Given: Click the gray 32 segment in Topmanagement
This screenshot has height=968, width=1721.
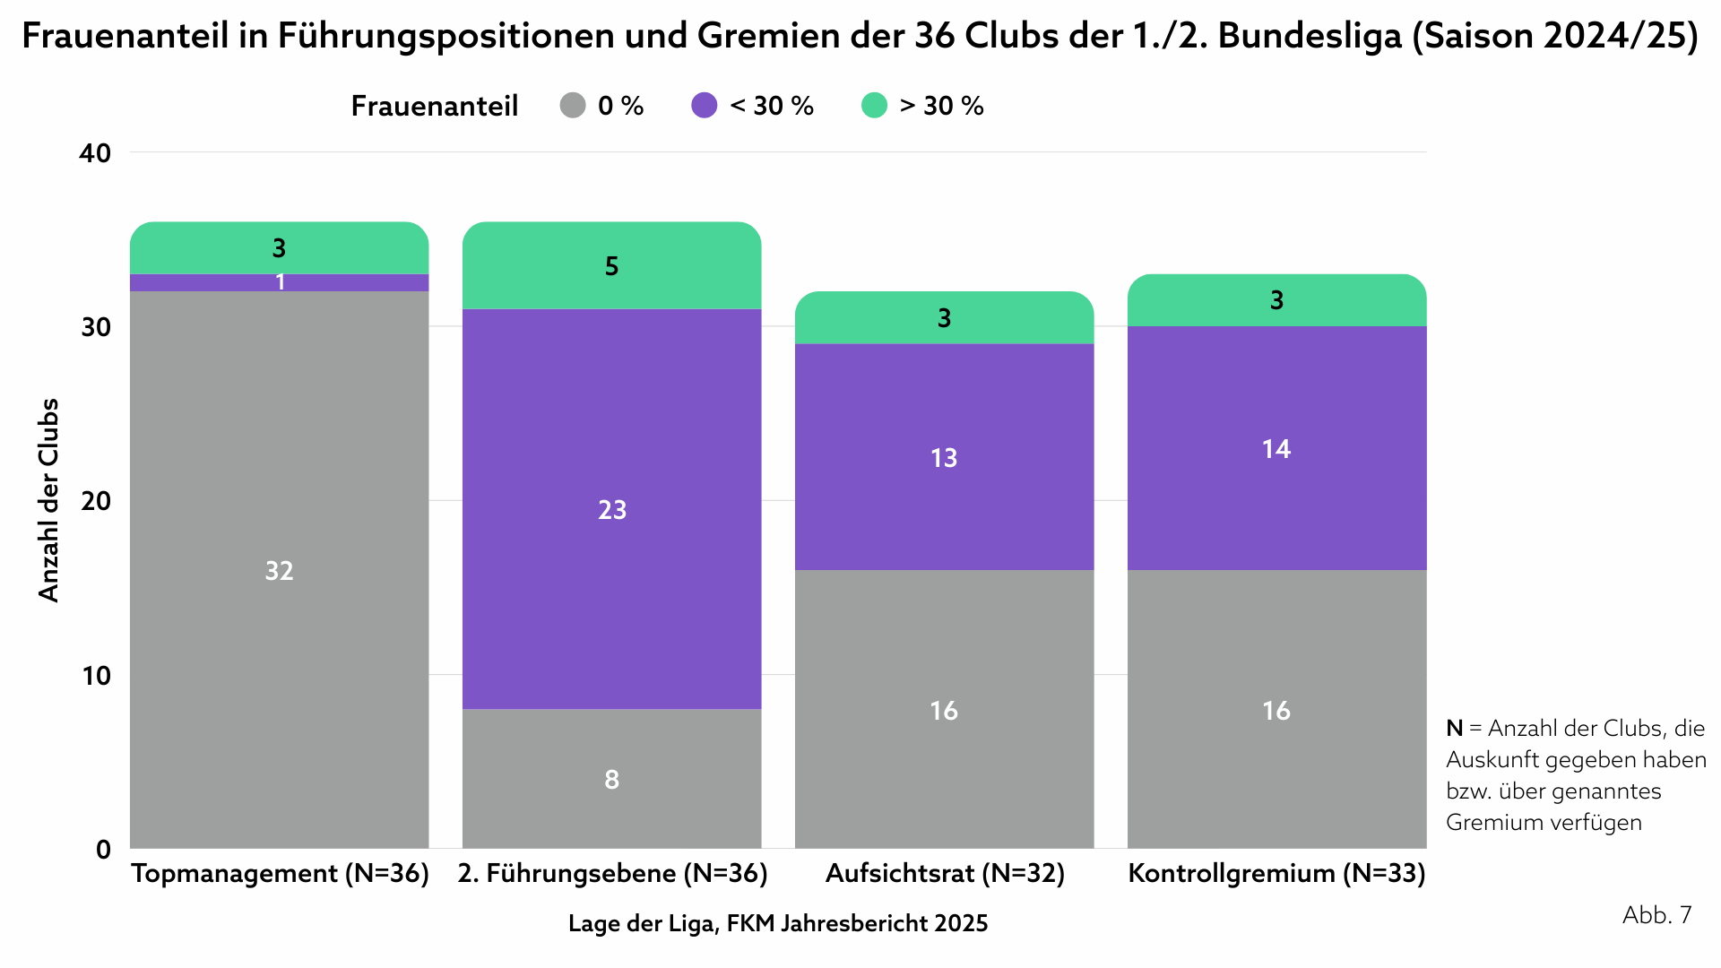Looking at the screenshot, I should [x=279, y=570].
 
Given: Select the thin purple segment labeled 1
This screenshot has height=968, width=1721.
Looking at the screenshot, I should [x=279, y=282].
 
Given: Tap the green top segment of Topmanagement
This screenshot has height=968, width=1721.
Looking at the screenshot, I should [x=279, y=247].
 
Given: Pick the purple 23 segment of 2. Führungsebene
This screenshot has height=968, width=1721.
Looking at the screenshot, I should [x=611, y=509].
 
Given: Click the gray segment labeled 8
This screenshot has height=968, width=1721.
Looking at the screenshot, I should [x=611, y=779].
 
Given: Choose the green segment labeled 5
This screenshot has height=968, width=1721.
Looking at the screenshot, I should [x=611, y=265].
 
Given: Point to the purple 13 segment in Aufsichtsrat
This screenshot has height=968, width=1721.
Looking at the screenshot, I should [x=944, y=457].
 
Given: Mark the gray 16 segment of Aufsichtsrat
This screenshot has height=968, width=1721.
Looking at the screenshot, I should [x=944, y=710].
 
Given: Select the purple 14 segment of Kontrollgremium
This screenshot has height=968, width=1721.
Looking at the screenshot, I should [x=1276, y=448].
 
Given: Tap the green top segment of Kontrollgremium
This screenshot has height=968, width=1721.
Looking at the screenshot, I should [x=1276, y=299].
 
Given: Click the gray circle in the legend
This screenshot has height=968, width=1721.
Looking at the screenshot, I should [x=573, y=106].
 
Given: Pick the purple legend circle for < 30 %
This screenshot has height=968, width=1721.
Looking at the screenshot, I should [x=705, y=106].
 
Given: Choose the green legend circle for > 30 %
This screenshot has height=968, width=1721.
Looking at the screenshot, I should [x=874, y=106].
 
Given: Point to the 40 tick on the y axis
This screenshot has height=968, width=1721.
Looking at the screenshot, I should [x=95, y=153].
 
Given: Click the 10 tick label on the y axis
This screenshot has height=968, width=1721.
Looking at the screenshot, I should [x=95, y=676].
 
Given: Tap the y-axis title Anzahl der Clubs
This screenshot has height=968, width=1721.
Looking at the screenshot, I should [x=48, y=500].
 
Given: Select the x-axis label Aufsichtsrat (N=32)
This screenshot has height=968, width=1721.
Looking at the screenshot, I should [x=945, y=873].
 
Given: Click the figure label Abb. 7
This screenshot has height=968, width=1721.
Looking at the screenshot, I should [x=1656, y=914].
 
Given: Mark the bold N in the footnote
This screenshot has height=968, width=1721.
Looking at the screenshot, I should [x=1454, y=728].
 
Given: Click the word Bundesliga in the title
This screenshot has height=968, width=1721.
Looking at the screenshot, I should [x=1310, y=36].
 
